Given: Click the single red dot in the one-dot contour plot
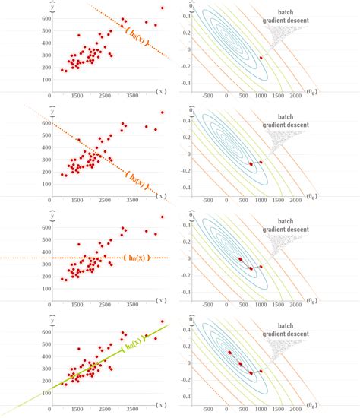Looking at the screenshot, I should [x=261, y=58].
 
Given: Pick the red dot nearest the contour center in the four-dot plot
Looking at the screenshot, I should [x=229, y=353].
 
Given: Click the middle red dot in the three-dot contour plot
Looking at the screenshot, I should [x=251, y=268].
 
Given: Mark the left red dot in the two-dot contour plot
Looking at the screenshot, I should [x=251, y=163].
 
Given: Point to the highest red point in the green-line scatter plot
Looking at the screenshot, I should [x=161, y=321].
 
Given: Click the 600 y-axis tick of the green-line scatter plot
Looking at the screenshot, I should [x=47, y=328].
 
